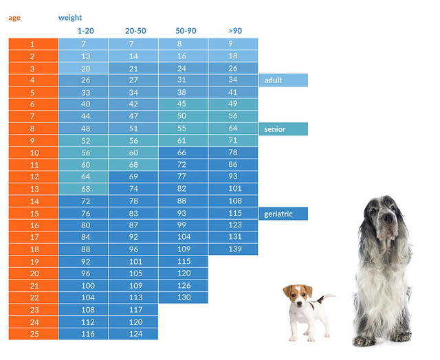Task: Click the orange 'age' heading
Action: click(14, 18)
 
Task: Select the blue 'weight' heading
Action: click(70, 18)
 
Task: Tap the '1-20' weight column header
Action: click(86, 31)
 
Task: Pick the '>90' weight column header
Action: click(235, 31)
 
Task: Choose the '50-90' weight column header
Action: click(185, 31)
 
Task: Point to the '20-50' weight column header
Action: click(135, 31)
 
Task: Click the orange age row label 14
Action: click(33, 201)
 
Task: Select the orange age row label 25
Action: click(33, 333)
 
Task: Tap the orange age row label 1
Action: click(33, 44)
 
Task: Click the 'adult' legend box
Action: click(283, 80)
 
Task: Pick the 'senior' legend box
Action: click(283, 129)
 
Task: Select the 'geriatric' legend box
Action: click(283, 214)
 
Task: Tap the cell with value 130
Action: click(184, 297)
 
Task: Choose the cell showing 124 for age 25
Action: click(133, 333)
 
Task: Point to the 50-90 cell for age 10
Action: click(184, 153)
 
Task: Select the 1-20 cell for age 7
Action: click(83, 116)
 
